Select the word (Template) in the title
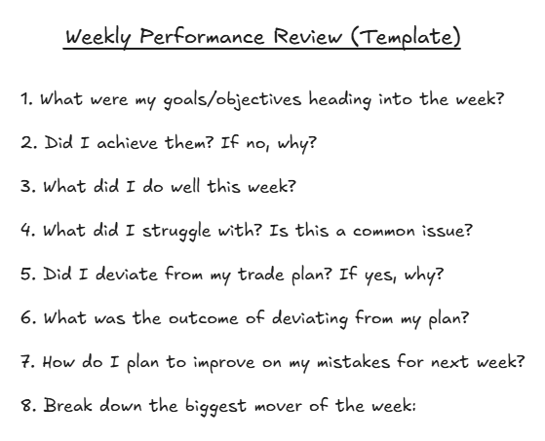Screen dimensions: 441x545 point(409,40)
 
